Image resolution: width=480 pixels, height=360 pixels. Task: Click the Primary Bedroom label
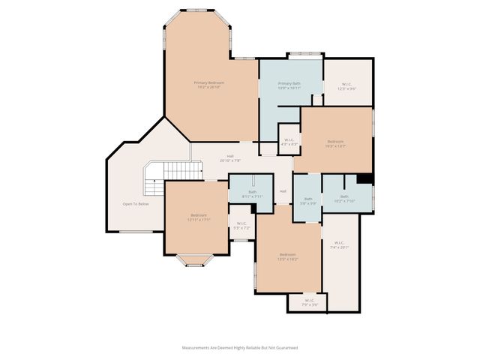209,85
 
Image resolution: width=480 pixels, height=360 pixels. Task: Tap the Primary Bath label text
289,85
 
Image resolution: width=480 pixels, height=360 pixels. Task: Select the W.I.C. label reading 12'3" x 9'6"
347,86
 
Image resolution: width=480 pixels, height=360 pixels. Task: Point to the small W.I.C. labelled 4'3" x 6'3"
289,141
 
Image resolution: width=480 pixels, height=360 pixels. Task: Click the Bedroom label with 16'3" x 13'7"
335,143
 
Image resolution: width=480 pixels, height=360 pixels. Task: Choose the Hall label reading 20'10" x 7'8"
230,158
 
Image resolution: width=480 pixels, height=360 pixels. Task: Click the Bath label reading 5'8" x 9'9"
308,200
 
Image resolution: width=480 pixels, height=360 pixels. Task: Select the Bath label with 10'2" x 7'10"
344,199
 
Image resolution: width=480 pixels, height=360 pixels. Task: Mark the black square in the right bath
364,178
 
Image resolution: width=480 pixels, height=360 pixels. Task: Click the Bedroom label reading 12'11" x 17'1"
199,217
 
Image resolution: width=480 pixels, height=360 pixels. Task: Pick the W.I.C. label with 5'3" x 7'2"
241,225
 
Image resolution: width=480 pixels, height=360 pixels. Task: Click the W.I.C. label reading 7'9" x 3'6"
305,303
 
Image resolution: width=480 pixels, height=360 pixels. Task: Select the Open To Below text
136,204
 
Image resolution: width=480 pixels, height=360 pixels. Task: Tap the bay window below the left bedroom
195,260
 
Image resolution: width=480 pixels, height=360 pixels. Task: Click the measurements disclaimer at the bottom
240,348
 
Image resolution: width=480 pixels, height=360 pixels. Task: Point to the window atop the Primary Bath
306,54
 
